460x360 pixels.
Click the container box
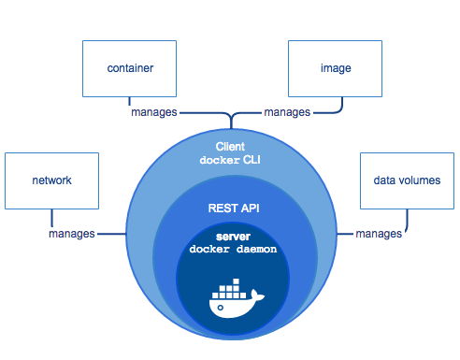[x=129, y=69]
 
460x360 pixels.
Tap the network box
[x=51, y=180]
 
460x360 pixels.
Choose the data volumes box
[x=405, y=180]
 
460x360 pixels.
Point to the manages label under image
[x=287, y=112]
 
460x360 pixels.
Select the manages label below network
[x=72, y=233]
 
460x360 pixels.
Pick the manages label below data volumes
[x=380, y=233]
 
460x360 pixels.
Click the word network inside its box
[x=51, y=180]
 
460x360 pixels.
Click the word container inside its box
[x=129, y=69]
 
